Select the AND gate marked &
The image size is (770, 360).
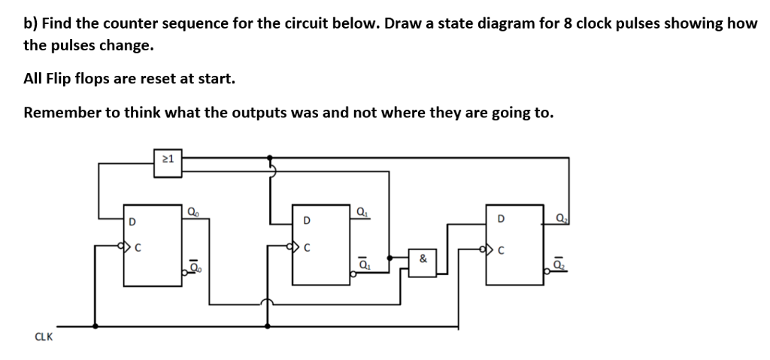[x=423, y=259]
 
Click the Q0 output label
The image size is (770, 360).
[x=192, y=210]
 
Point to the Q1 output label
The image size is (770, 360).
[x=363, y=210]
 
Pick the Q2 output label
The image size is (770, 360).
[x=561, y=219]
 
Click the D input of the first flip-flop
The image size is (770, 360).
[x=132, y=221]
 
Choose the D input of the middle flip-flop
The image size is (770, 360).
[x=305, y=221]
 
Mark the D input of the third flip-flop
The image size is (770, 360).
[x=500, y=220]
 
